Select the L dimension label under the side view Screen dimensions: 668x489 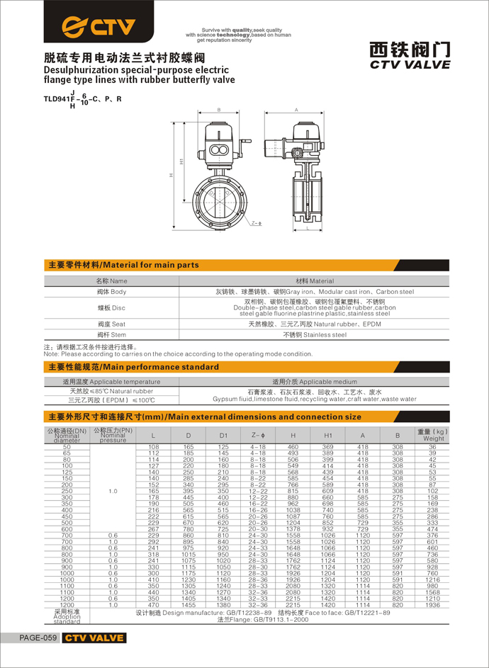click(306, 230)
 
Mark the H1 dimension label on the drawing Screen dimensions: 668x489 click(181, 162)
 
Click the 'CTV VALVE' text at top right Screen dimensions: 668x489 click(410, 64)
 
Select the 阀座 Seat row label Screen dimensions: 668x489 click(112, 324)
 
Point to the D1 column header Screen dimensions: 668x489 click(223, 435)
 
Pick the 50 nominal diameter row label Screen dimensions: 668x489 click(67, 448)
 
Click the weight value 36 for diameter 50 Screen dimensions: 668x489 click(433, 448)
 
